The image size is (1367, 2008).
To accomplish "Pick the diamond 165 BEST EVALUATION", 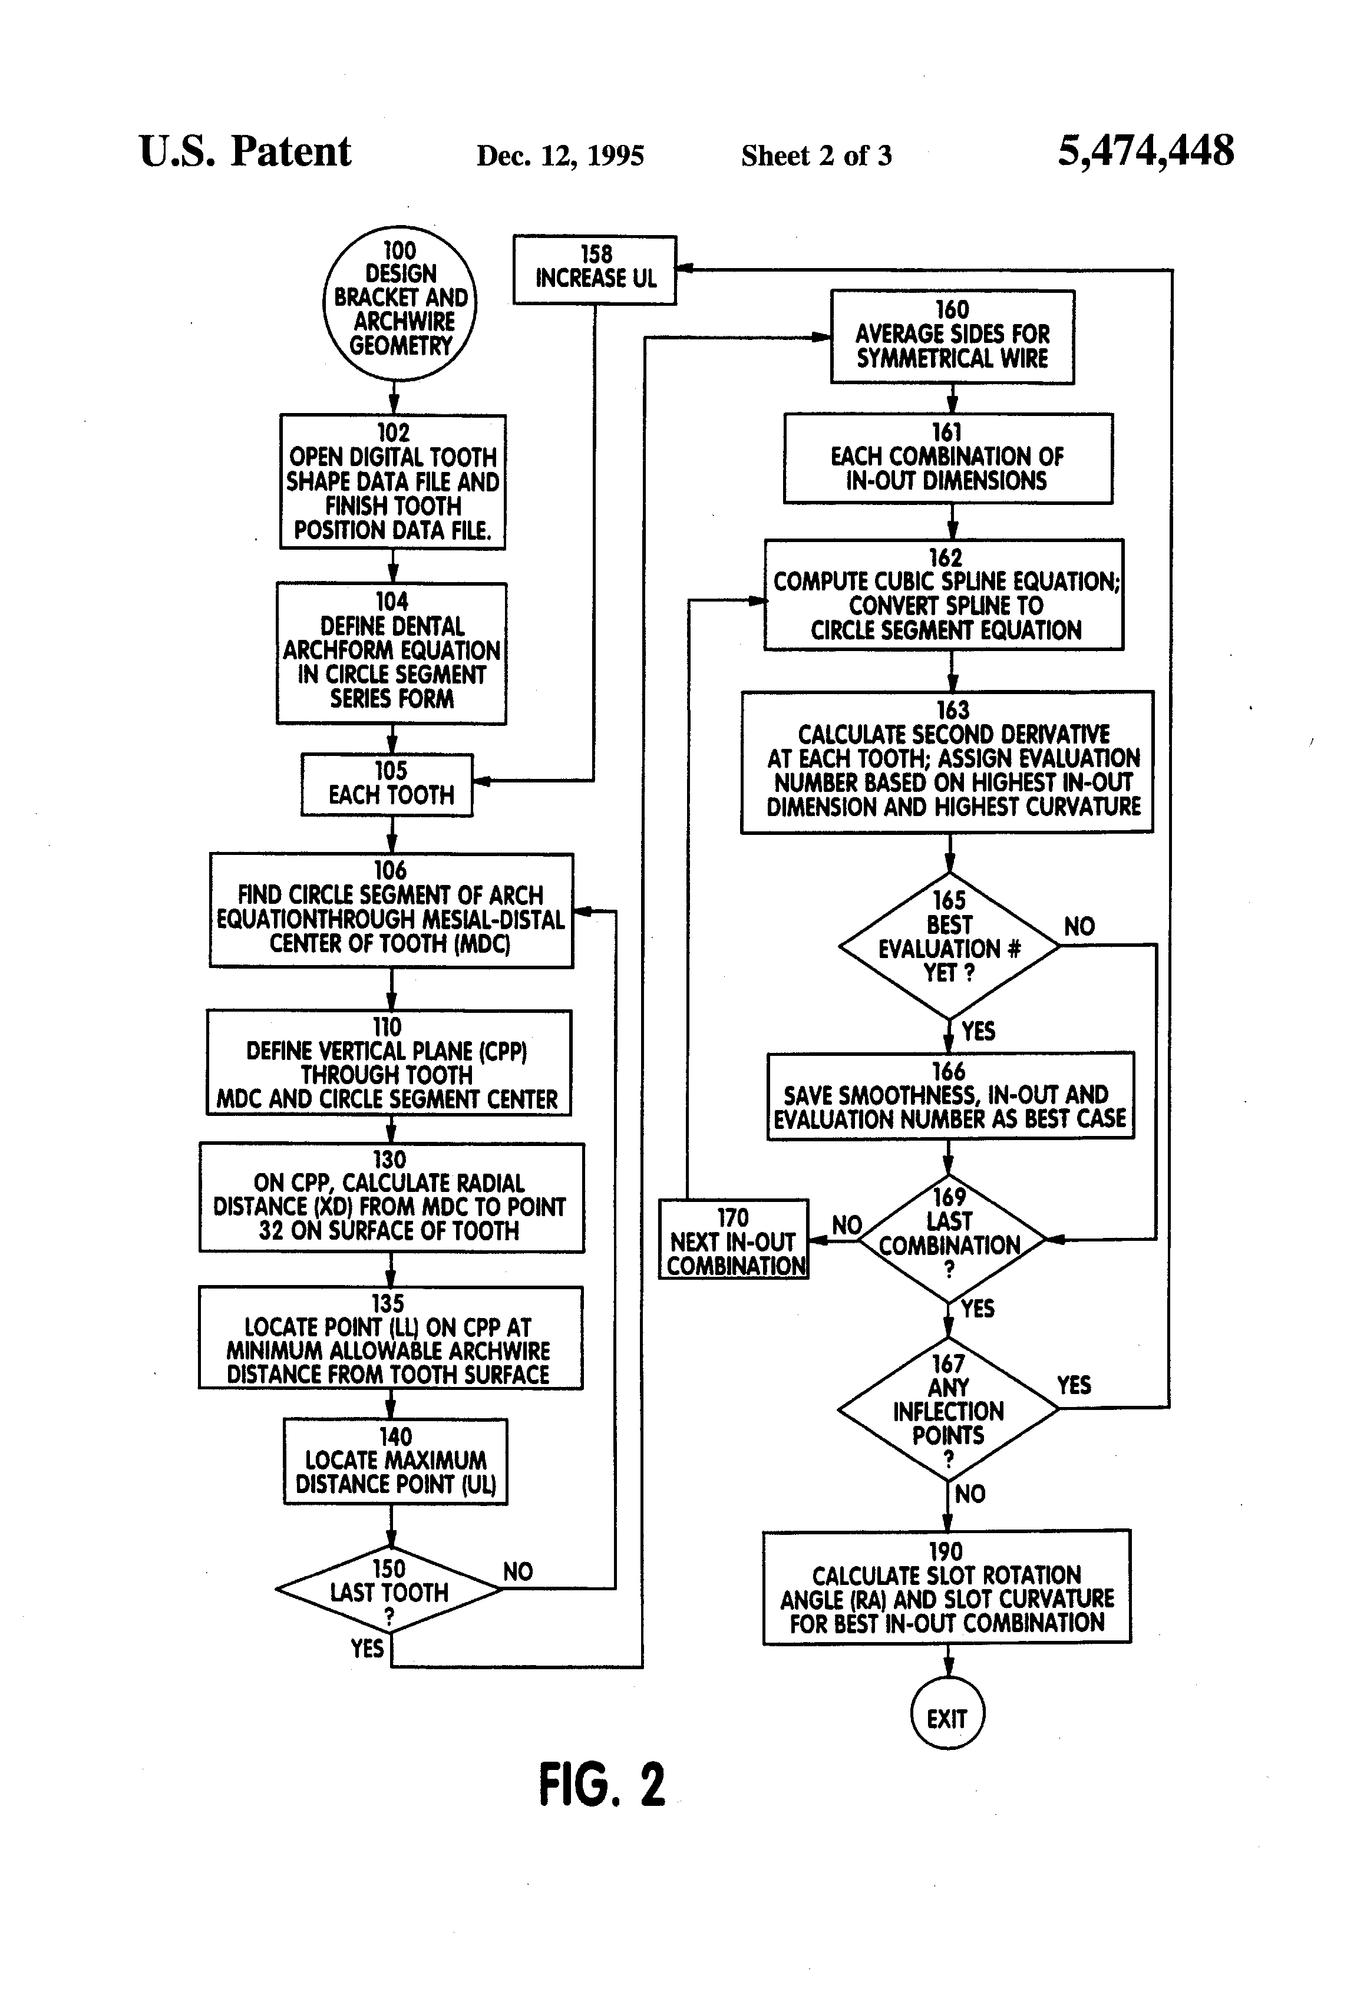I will coord(949,945).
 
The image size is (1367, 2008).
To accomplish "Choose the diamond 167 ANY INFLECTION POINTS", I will coord(948,1409).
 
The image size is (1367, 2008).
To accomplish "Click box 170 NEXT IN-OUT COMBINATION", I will coord(734,1241).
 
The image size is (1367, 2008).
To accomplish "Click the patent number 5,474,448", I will coord(1146,151).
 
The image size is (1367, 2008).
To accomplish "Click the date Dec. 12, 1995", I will coord(560,156).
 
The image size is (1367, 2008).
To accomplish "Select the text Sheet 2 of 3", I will coord(815,156).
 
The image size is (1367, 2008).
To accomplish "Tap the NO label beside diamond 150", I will coord(517,1571).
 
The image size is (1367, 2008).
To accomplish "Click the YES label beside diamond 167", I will coord(1073,1385).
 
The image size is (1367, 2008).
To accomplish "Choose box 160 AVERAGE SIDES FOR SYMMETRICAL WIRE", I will coord(952,336).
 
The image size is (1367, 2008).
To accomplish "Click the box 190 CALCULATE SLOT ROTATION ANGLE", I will coord(946,1587).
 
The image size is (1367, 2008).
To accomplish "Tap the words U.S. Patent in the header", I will coord(245,152).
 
